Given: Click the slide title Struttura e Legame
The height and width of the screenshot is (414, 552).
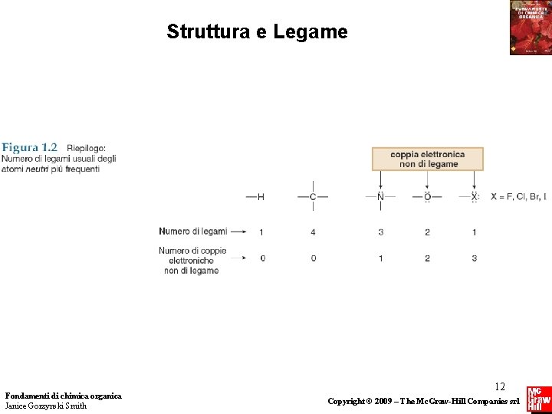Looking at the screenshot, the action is pos(257,32).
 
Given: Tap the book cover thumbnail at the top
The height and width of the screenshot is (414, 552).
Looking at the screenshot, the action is pos(530,28).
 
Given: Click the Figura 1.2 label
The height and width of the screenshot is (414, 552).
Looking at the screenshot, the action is pos(29,147).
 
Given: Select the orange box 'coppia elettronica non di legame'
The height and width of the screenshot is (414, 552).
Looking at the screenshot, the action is pos(428,159).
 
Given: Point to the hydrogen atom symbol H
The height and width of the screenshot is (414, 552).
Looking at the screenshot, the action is pos(261,197).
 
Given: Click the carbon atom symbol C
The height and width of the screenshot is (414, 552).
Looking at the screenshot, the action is pos(313,197).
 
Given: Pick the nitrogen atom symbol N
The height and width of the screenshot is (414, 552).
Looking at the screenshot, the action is pos(380,197).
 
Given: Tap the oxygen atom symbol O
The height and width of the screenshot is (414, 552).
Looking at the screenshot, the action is pos(427,197).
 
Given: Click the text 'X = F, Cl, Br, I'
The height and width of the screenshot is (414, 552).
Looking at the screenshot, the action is pos(518,197).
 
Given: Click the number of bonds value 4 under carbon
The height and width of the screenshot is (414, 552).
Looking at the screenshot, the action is pos(313,232).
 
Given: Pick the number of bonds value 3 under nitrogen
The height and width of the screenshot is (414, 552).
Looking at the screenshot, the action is pos(380,232).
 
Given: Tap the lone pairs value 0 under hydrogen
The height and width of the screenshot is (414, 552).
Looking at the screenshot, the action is pos(262,258).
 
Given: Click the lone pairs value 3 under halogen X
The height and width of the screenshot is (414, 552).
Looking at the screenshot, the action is pos(474,258).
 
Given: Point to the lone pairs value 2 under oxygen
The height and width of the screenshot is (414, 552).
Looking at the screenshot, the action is pos(427,258).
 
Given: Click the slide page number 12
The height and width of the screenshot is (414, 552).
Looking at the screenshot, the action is pos(500,387).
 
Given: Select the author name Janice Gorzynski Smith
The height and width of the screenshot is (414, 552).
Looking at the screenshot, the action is pos(46,406).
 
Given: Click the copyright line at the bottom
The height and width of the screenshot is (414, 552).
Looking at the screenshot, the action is pos(424,402).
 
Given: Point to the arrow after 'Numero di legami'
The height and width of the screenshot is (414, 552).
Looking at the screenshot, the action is pos(238,231).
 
